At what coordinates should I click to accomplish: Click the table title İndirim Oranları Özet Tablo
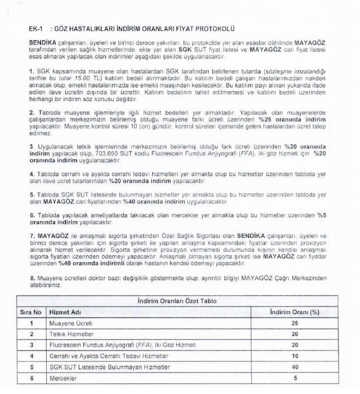click(x=177, y=301)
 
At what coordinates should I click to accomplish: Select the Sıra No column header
click(x=31, y=312)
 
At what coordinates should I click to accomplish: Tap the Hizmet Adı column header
click(x=66, y=312)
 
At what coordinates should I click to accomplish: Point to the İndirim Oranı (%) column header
click(x=294, y=312)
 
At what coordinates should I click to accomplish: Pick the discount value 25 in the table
click(x=295, y=323)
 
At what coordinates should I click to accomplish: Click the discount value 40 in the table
click(x=295, y=367)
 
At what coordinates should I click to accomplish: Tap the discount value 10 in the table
click(x=295, y=356)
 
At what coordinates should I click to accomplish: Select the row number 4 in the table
click(x=31, y=356)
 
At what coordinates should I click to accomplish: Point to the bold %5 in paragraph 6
click(x=322, y=215)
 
